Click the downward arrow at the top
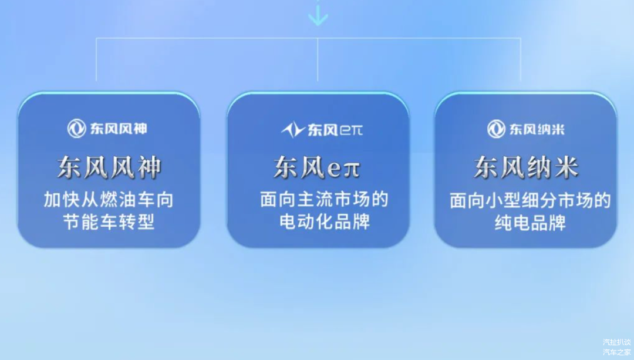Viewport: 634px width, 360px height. coord(318,14)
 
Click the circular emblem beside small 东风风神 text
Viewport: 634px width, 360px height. coord(76,129)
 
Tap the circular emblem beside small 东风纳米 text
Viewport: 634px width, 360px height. coord(496,129)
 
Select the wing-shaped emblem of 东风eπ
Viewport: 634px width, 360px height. coord(293,130)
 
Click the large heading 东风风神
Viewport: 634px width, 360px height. coord(109,167)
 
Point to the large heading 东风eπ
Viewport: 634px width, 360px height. coord(317,167)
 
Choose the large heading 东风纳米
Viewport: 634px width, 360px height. coord(526,167)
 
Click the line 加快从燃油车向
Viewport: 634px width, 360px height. coord(109,200)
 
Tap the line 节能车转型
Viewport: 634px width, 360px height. coord(109,222)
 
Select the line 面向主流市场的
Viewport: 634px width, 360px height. coord(324,200)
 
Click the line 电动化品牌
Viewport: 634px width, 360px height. coord(325,221)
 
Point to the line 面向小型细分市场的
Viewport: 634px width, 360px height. coord(530,201)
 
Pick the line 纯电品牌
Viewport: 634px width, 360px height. coord(530,223)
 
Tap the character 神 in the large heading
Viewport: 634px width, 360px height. coord(149,167)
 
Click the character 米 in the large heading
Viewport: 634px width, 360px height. coord(566,167)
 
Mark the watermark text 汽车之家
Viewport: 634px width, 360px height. coord(616,352)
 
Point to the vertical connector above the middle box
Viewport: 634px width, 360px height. coord(318,59)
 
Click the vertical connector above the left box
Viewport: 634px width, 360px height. coord(96,59)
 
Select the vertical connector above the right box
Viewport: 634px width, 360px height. coord(520,59)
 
